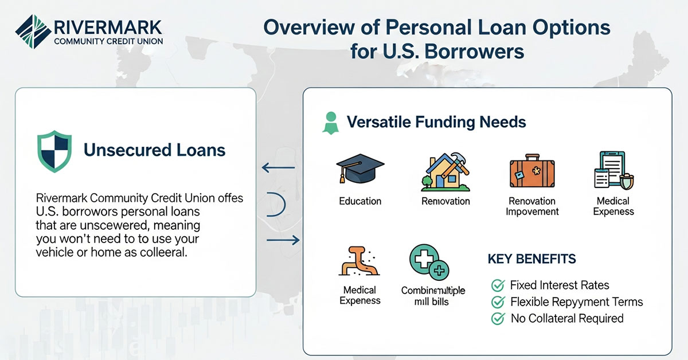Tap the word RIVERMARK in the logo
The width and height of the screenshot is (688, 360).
[x=107, y=27]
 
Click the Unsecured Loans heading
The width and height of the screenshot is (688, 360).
[x=154, y=150]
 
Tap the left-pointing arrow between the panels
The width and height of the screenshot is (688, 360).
[x=278, y=168]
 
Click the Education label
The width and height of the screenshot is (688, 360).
[x=360, y=201]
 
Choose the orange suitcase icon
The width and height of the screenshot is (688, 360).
[x=533, y=172]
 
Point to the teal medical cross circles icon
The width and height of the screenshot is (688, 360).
[x=429, y=263]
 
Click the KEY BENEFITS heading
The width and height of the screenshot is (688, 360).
[x=531, y=259]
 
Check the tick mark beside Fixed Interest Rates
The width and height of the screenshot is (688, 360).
[x=497, y=285]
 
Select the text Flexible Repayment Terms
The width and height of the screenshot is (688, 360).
[x=576, y=302]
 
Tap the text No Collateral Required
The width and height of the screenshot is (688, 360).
[x=566, y=318]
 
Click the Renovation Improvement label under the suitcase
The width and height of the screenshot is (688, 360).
[x=533, y=206]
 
